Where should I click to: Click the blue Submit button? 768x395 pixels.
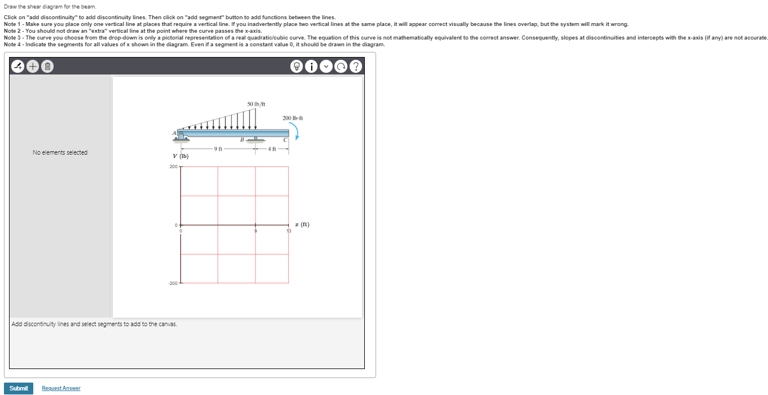19,388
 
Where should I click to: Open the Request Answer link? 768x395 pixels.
61,388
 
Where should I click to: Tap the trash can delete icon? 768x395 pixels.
47,67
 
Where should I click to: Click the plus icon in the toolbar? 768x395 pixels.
33,67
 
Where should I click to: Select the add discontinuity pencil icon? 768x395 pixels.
19,67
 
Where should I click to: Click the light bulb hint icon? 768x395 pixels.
297,67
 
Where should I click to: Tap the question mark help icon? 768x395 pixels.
355,67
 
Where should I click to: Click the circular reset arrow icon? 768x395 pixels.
341,67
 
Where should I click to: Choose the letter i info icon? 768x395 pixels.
312,67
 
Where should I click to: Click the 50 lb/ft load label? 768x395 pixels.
256,104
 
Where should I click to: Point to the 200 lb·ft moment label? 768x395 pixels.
293,118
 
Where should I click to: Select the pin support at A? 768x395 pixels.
182,135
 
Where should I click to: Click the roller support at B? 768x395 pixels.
255,139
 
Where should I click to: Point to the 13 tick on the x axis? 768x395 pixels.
289,231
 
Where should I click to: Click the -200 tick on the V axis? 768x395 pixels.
173,283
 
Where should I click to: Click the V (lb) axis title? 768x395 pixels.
181,156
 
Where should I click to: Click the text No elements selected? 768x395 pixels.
60,152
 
